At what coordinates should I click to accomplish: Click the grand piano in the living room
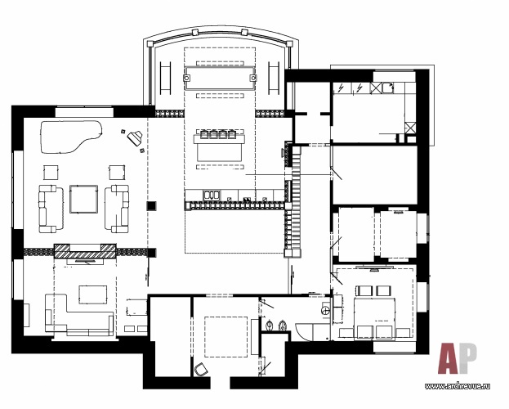(69, 137)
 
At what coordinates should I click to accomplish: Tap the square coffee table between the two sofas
(84, 199)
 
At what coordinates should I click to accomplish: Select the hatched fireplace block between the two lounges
(85, 250)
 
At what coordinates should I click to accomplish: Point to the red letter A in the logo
(449, 358)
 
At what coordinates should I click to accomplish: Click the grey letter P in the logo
(468, 357)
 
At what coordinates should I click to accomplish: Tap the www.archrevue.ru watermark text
(458, 386)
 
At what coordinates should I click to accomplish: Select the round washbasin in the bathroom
(325, 311)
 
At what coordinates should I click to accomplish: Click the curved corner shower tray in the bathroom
(304, 331)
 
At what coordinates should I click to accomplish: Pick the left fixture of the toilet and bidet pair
(269, 325)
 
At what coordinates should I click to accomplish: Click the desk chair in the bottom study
(202, 370)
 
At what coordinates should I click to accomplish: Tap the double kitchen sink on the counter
(212, 195)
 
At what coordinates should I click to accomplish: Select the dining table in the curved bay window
(220, 78)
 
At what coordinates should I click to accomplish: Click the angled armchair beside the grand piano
(135, 138)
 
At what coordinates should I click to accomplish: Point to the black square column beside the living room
(151, 206)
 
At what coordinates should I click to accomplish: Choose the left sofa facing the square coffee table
(51, 209)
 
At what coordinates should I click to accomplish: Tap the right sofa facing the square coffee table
(117, 209)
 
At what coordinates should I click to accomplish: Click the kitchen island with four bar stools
(220, 146)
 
